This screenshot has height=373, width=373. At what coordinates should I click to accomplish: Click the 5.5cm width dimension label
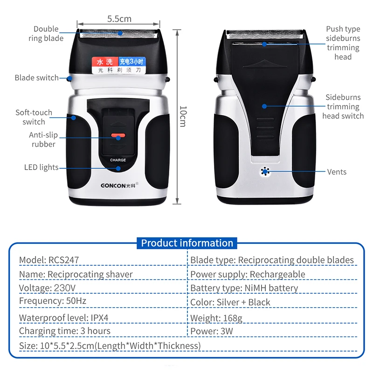click(x=119, y=19)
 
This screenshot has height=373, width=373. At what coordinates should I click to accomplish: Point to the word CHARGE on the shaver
click(x=118, y=160)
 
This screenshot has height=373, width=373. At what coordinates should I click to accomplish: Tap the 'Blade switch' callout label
click(x=36, y=78)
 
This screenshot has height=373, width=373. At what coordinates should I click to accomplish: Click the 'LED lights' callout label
click(x=41, y=167)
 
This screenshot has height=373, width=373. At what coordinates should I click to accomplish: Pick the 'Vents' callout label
click(x=337, y=172)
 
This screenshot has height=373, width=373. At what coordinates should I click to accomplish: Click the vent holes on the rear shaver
click(x=265, y=172)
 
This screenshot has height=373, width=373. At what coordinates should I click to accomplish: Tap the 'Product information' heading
click(x=187, y=243)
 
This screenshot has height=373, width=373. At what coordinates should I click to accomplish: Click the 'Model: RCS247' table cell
click(x=46, y=260)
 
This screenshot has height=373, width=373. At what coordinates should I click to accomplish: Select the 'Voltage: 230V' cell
click(x=47, y=288)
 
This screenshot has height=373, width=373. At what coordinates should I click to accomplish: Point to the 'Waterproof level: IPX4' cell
click(x=65, y=318)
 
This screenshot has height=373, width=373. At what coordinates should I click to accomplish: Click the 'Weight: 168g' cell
click(x=216, y=318)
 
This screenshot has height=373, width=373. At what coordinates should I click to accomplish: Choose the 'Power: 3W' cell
click(x=212, y=332)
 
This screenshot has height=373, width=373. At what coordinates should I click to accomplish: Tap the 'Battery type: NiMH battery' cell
click(x=244, y=288)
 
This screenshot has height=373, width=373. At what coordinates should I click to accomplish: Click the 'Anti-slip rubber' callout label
click(x=43, y=139)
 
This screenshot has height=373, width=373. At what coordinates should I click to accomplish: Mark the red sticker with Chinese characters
click(x=105, y=62)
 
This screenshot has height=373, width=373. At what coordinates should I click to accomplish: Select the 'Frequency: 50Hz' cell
click(x=52, y=301)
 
